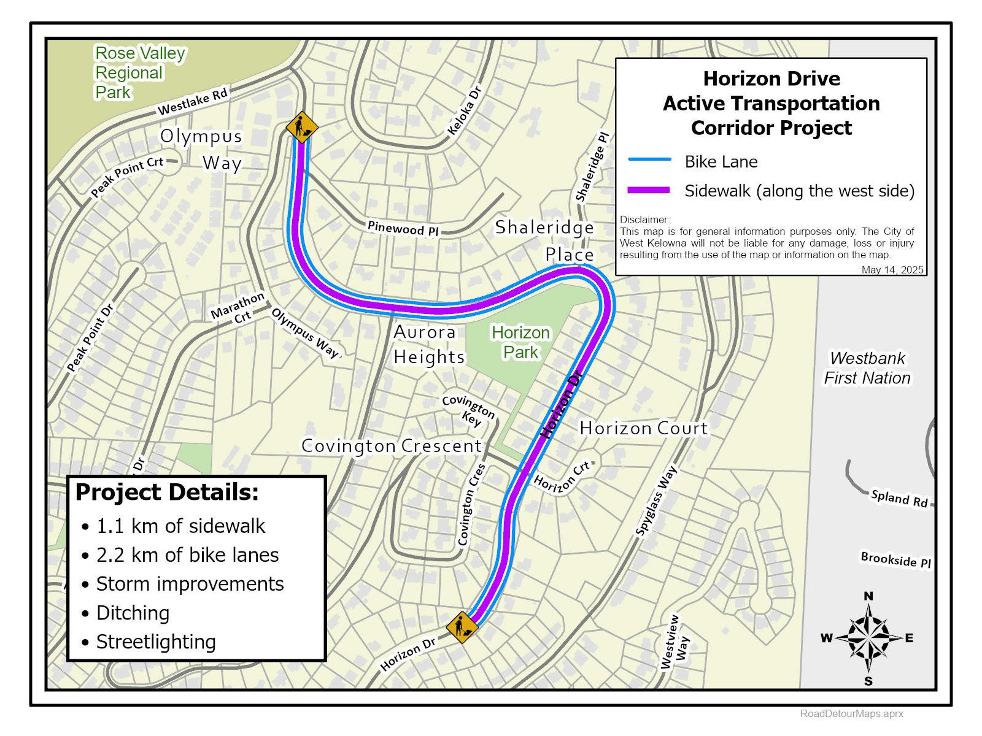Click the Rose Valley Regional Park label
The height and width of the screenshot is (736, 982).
(x=139, y=72)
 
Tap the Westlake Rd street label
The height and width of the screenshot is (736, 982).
(x=193, y=102)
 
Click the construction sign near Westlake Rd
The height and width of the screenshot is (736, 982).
(x=301, y=127)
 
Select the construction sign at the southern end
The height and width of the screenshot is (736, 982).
(x=462, y=627)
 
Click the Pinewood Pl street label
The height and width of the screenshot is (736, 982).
(x=403, y=228)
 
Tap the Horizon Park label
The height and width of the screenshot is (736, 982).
(x=520, y=342)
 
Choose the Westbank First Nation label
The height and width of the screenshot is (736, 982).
(x=867, y=368)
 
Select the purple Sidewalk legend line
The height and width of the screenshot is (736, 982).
(x=649, y=191)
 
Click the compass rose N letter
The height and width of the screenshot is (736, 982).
(x=868, y=596)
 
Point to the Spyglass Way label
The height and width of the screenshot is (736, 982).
(x=656, y=501)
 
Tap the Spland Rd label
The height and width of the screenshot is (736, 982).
(x=899, y=498)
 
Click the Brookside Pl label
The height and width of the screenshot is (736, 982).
(x=895, y=559)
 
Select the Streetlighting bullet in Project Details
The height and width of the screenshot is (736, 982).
(x=156, y=642)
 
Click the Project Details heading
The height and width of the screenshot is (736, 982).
(x=167, y=492)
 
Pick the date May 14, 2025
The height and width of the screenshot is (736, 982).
(x=892, y=270)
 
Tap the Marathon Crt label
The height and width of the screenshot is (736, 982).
(x=239, y=308)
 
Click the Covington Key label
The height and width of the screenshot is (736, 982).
(x=469, y=410)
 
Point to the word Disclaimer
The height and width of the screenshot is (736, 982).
(x=644, y=220)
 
